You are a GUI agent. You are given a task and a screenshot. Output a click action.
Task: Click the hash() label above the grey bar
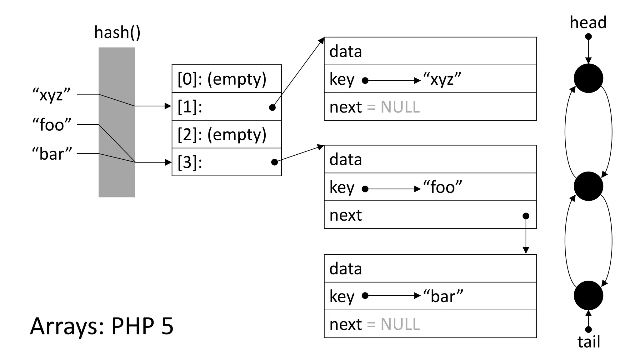coord(117,32)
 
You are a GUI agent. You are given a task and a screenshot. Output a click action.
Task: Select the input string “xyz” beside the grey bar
coord(52,94)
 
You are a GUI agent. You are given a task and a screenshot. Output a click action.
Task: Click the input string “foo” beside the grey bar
coord(52,124)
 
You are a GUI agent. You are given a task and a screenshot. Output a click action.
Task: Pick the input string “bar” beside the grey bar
coord(52,154)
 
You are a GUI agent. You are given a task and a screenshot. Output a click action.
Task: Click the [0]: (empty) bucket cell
coord(222,79)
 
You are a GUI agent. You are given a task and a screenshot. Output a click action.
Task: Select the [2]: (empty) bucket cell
coord(222,134)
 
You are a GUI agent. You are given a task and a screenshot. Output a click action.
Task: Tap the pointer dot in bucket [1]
coord(272,107)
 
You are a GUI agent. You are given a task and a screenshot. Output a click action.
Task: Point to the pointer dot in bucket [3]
coord(274,162)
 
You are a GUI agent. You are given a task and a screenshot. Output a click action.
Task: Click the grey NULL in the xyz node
coord(400,107)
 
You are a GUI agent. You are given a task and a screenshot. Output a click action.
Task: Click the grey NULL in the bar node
coord(400,324)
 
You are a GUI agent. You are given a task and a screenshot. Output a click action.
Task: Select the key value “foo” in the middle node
coord(442,187)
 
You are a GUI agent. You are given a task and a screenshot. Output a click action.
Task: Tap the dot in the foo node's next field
coord(526,216)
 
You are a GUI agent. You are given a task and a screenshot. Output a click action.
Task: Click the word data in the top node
coord(346,52)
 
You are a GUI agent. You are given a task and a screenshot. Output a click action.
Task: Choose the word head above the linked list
coord(588,22)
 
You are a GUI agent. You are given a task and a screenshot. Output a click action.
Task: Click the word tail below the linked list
coord(589,342)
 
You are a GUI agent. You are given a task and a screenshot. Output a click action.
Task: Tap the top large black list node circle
coord(588,78)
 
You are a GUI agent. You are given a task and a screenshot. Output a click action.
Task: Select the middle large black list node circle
coord(588,186)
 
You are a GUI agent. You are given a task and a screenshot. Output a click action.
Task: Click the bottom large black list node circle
coord(588,295)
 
